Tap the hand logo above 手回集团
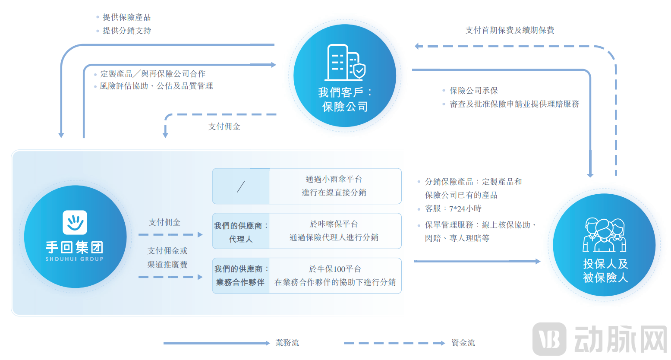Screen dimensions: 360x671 75,222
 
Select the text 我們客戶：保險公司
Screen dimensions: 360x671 345,99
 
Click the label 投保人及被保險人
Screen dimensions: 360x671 605,271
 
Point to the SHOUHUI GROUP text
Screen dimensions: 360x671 75,259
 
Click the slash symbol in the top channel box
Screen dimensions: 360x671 241,186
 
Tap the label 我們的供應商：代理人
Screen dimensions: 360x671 241,232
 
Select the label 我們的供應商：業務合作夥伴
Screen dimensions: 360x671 241,276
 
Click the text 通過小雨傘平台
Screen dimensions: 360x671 334,179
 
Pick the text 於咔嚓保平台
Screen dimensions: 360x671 334,224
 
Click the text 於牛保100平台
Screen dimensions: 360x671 335,269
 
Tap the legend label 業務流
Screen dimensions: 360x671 287,343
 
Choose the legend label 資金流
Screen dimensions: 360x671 463,343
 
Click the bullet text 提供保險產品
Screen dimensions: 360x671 126,17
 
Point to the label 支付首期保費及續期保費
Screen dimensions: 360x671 510,30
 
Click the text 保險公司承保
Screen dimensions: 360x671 474,91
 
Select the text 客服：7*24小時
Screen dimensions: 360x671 453,209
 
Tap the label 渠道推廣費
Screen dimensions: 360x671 167,265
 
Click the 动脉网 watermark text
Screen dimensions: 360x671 621,340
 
